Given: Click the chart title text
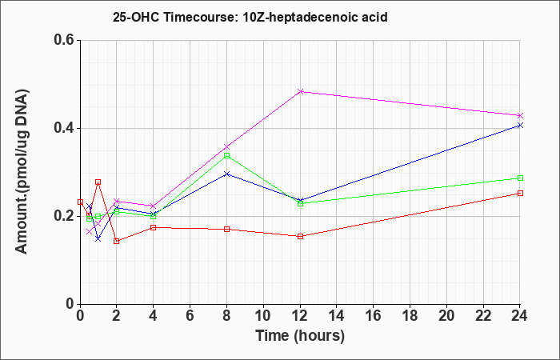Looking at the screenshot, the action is pos(250,17).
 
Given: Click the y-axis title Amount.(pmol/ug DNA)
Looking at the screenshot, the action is pos(22,171).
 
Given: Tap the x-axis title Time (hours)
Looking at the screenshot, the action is pos(300,336).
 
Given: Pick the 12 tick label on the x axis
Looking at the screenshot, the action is pos(300,316).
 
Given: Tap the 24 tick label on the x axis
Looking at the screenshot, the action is pos(520,316).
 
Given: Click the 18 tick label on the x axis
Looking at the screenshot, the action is pos(410,316).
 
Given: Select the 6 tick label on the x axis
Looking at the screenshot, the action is pos(190,316).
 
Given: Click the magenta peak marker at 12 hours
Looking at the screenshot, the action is pos(300,91).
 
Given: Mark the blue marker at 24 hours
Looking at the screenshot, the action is pos(520,125).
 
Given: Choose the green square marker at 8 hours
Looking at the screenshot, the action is pos(226,156).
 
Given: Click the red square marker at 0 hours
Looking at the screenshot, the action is pos(80,202).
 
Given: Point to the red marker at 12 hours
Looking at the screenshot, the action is pos(300,236).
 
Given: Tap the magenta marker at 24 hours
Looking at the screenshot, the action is pos(520,116).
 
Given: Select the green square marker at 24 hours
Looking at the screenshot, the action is pos(520,178).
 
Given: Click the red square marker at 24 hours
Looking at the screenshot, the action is pos(520,194).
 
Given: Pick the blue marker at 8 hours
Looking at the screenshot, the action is pos(226,174).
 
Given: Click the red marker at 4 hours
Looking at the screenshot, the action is pos(154,227).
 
